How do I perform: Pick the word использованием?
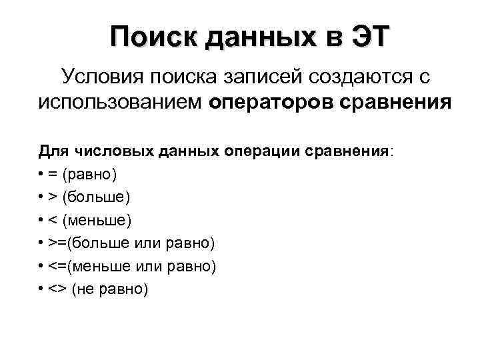pos(120,103)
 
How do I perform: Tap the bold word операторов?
pos(272,103)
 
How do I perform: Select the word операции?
pos(265,152)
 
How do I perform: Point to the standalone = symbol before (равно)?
pos(53,175)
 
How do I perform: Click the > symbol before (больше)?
pos(53,197)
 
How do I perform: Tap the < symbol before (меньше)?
pos(53,220)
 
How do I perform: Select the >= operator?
pos(57,243)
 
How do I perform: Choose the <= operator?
pos(57,266)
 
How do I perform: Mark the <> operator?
pos(57,289)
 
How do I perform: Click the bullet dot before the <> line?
pos(41,289)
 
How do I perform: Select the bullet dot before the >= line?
pos(41,243)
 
